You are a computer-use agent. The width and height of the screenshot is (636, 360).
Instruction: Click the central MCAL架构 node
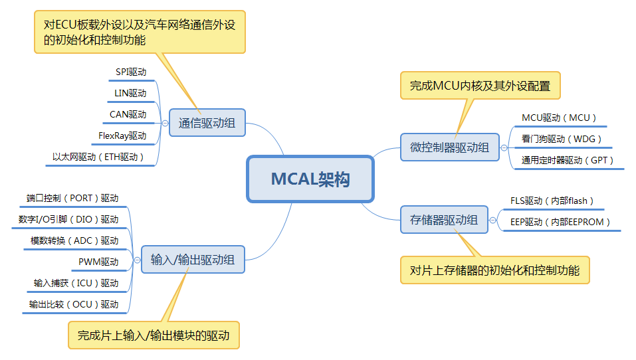(x=310, y=179)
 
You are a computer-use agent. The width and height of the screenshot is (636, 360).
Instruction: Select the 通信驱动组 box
(x=207, y=123)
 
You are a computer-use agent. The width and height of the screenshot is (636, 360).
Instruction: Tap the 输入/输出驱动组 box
(x=193, y=260)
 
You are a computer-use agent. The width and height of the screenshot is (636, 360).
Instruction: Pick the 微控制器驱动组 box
(x=445, y=147)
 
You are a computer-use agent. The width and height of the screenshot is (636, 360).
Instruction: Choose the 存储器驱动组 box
(x=444, y=220)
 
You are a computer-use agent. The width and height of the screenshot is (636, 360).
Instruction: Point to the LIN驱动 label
(x=130, y=93)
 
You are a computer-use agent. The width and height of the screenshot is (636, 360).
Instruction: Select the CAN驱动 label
(x=128, y=114)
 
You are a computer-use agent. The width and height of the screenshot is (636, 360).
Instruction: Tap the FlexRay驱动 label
(x=122, y=135)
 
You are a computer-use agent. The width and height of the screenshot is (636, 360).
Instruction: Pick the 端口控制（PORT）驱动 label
(x=72, y=198)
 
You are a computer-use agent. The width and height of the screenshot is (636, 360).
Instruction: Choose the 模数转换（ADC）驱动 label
(x=74, y=240)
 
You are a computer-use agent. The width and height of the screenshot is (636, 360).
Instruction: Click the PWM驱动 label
(x=98, y=262)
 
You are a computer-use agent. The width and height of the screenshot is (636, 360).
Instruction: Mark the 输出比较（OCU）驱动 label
(x=73, y=304)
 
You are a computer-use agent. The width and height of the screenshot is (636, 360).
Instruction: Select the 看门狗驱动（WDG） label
(x=562, y=139)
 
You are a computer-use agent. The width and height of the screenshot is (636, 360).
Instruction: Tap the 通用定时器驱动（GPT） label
(x=568, y=160)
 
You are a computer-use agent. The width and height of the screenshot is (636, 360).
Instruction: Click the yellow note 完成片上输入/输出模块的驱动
(x=154, y=335)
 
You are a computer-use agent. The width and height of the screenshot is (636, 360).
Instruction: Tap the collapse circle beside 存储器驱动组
(x=493, y=220)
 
